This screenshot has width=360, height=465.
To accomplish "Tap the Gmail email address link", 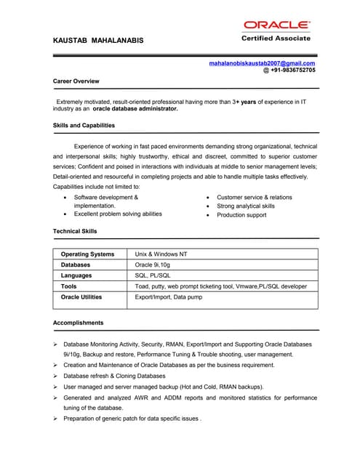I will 262,64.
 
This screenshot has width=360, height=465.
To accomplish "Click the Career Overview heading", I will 76,81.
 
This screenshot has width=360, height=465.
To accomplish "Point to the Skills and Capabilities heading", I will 84,125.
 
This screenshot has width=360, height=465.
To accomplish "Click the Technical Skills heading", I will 75,231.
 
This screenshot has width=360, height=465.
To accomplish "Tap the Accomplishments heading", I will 79,323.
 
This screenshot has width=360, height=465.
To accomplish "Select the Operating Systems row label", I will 87,254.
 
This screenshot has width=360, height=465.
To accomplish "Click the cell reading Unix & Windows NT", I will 161,254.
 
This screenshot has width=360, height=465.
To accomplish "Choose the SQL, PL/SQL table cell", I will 153,276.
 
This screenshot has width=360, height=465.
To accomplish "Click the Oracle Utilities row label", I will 81,297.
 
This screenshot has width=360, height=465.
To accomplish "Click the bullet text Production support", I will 241,215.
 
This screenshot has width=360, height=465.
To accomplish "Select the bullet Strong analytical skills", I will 246,206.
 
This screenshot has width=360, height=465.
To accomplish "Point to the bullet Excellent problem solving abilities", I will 118,214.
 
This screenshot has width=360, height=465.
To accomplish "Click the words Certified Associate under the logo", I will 276,39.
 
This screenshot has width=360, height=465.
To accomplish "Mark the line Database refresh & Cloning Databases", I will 114,376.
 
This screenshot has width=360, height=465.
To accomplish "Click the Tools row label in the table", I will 69,286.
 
